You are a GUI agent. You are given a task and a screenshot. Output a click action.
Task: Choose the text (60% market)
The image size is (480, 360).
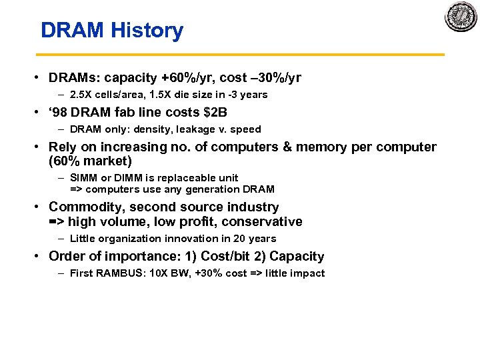click(91, 161)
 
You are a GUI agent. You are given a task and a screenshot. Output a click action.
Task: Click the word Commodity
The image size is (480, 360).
click(83, 207)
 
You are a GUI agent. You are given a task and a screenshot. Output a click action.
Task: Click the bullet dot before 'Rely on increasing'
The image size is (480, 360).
click(41, 147)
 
